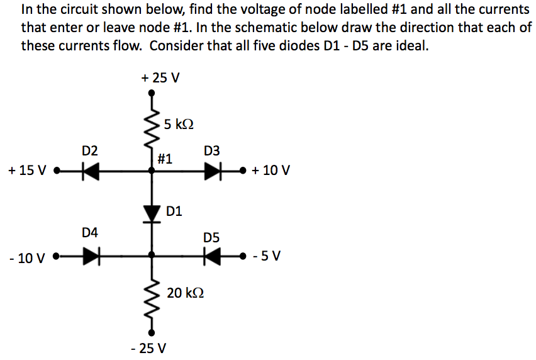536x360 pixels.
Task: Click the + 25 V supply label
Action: click(160, 78)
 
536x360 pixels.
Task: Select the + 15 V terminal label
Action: click(28, 171)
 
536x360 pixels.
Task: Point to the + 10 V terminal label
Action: click(271, 171)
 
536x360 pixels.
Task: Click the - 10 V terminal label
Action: click(28, 257)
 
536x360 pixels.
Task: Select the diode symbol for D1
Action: click(152, 213)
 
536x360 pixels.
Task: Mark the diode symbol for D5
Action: click(211, 256)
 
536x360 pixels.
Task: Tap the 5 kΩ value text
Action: click(177, 124)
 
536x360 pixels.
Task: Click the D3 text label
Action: click(212, 151)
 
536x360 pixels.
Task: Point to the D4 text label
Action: click(90, 233)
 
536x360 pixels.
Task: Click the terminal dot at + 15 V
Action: click(57, 170)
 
